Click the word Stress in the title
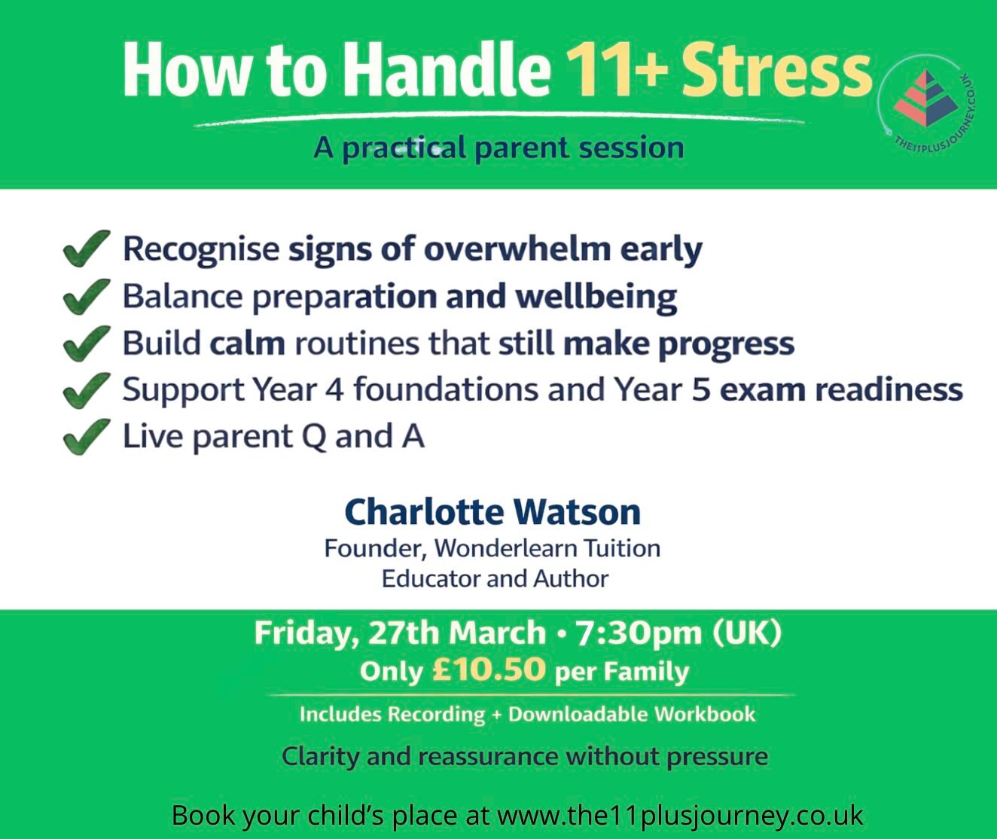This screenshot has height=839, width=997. point(776,69)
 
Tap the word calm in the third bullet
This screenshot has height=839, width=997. point(247,343)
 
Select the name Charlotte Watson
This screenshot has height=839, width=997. point(492,512)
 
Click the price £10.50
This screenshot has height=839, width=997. point(489,670)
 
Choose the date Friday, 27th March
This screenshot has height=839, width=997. point(400,633)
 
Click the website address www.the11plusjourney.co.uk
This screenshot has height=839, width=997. point(679,816)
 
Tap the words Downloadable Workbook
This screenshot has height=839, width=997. point(632,714)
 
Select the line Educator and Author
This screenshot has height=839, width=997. point(495,578)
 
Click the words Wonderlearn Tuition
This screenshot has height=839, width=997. point(547,548)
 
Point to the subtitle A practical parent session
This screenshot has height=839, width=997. point(498,148)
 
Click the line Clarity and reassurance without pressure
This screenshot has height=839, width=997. point(525,755)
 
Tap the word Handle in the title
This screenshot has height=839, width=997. point(447,69)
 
